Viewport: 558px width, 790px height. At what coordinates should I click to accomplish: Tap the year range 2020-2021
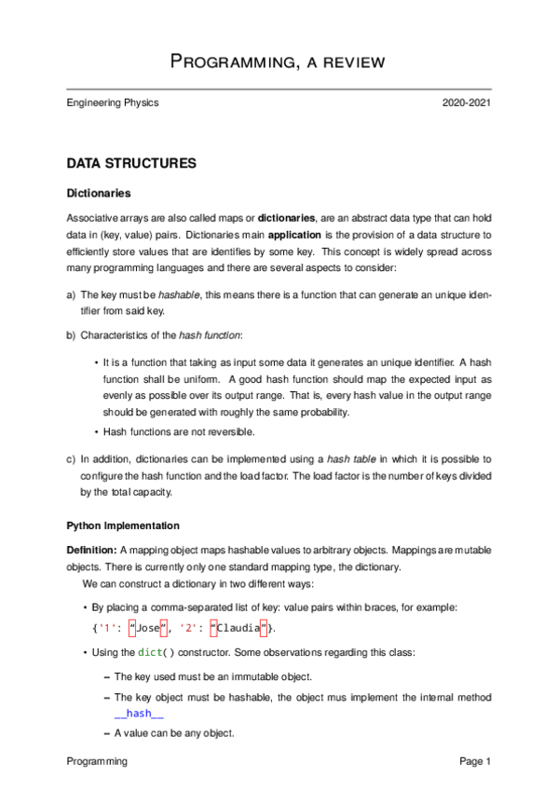click(x=466, y=102)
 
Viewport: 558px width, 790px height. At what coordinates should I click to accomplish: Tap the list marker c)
click(x=72, y=459)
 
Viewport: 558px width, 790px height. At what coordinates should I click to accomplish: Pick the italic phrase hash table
click(x=347, y=459)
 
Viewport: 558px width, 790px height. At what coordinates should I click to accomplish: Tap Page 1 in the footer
click(x=475, y=762)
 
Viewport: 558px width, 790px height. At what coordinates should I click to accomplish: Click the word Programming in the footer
click(x=97, y=762)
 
